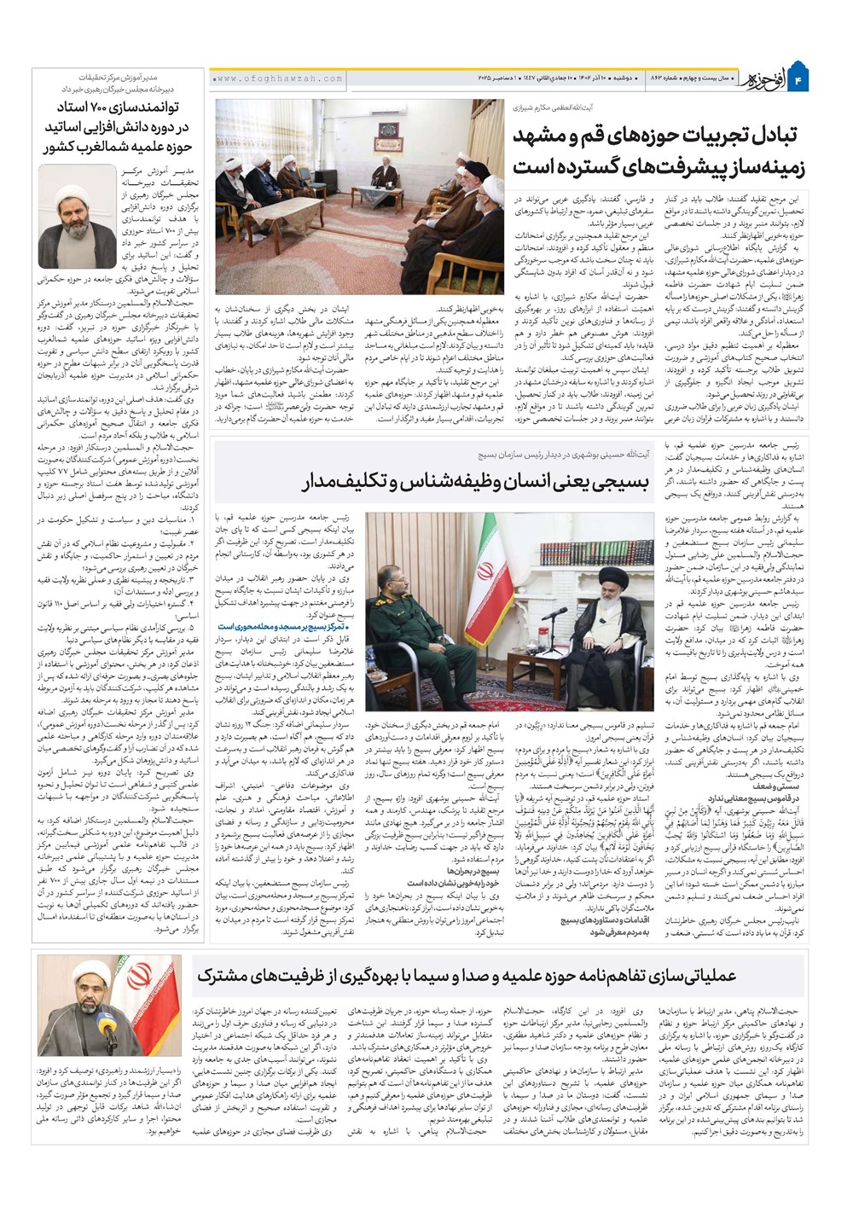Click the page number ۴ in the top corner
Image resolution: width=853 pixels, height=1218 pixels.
click(799, 79)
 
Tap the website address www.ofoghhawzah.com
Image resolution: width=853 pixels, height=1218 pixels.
click(277, 78)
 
